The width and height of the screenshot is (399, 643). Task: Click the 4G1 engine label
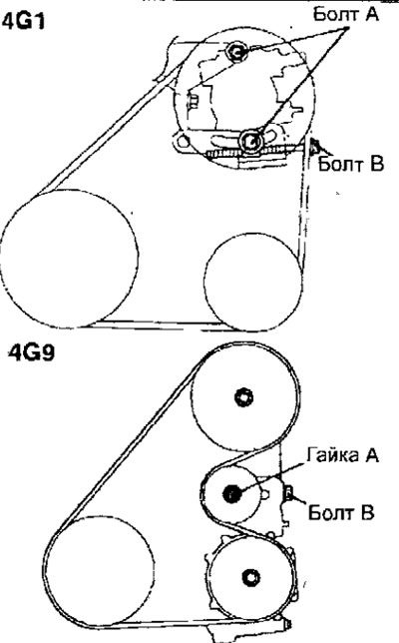[x=24, y=21]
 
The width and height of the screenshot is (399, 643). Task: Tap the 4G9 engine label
[x=31, y=352]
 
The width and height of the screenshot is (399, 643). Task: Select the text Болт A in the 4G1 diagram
[x=346, y=15]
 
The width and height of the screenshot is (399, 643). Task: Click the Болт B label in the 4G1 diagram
[x=351, y=165]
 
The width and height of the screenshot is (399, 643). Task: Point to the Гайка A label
[x=342, y=455]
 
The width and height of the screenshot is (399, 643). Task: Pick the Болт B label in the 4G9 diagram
[x=341, y=512]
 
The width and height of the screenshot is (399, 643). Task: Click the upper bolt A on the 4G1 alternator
[x=236, y=51]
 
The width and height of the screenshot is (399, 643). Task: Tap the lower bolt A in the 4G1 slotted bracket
[x=250, y=140]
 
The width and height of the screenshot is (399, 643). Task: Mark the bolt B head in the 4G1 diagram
[x=315, y=146]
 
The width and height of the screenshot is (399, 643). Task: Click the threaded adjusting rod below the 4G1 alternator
[x=254, y=152]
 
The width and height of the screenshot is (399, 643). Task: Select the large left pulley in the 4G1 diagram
[x=69, y=259]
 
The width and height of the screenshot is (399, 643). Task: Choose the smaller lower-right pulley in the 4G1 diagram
[x=253, y=283]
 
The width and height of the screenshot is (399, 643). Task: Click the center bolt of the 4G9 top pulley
[x=244, y=397]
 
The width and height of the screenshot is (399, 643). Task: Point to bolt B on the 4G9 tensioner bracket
[x=287, y=492]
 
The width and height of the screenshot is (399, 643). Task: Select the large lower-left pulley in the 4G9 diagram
[x=102, y=571]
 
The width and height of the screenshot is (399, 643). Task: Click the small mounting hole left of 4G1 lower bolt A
[x=183, y=142]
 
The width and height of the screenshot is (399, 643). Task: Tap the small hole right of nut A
[x=265, y=494]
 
